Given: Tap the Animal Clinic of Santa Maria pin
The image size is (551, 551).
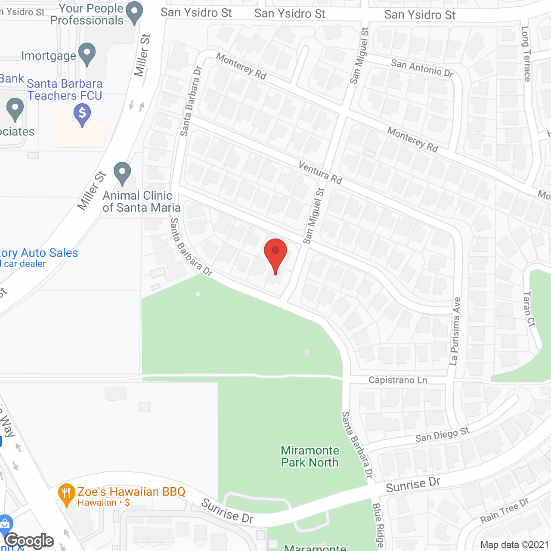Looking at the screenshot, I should tap(122, 173).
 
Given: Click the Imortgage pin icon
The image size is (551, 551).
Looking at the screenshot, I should tap(87, 54).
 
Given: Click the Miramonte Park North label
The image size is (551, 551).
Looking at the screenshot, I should tap(310, 456).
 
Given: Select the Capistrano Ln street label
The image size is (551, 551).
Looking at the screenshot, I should tap(398, 380).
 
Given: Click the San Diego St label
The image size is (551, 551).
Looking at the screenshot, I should tap(442, 434).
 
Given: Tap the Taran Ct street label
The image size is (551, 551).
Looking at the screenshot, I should tap(529, 309).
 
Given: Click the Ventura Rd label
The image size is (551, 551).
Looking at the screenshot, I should tap(321, 173).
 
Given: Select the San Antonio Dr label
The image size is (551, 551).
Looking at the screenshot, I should tap(422, 68).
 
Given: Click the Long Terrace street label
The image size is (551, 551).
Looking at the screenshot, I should tap(526, 54).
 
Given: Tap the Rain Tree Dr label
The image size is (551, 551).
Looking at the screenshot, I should tap(505, 511).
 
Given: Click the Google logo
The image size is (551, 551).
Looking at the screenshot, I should tap(29, 541).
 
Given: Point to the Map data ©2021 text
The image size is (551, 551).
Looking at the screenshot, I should tap(514, 545).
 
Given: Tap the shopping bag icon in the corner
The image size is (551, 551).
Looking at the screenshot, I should tap(5, 524).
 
